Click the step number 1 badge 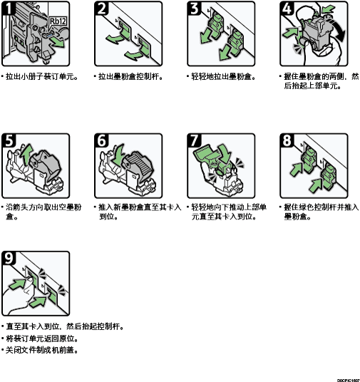coord(7,8)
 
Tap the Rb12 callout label coord(58,21)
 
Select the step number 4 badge coord(287,8)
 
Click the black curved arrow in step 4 coord(338,28)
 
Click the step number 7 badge coord(194,140)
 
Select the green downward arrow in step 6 coord(119,154)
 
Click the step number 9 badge coord(8,258)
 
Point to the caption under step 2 coord(129,77)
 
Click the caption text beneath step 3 coord(221,77)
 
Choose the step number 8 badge coord(287,140)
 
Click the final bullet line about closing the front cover coord(40,351)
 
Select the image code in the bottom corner coord(349,380)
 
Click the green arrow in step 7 coord(225,153)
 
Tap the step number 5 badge coord(8,140)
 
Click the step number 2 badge coord(101,8)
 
